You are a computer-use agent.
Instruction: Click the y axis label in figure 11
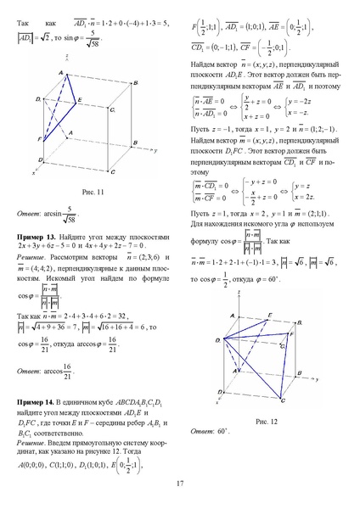point(158,149)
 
